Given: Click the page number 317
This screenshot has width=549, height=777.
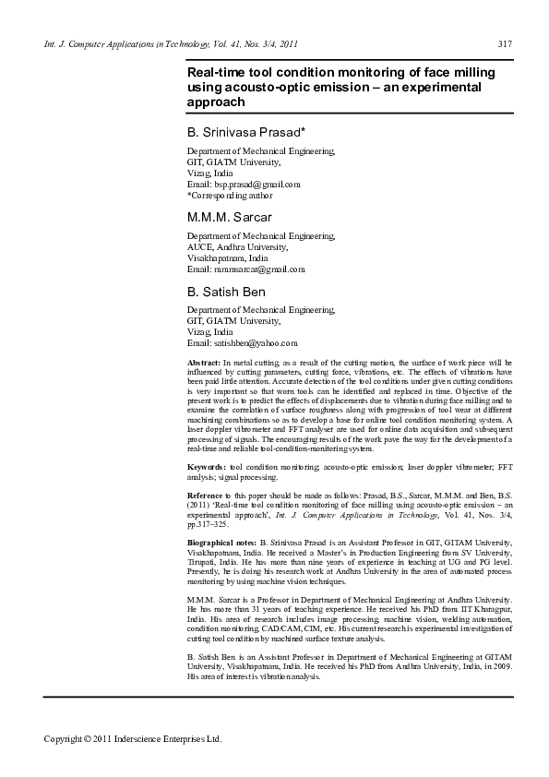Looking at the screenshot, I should click(505, 44).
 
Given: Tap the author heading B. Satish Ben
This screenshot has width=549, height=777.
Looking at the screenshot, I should click(226, 292).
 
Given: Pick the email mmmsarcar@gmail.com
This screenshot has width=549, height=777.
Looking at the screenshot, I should click(245, 269).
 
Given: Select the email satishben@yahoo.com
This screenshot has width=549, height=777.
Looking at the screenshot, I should click(242, 342).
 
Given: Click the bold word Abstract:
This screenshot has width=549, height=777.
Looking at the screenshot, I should click(204, 365).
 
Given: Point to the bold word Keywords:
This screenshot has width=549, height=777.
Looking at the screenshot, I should click(206, 468).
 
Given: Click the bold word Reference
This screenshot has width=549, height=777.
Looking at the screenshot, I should click(208, 496).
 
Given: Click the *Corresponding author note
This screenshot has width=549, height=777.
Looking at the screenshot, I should click(230, 196).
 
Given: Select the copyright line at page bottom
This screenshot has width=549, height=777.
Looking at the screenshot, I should click(134, 739).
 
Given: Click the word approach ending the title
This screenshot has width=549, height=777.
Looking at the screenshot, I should click(216, 102).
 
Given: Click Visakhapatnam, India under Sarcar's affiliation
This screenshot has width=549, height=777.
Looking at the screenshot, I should click(227, 257).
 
